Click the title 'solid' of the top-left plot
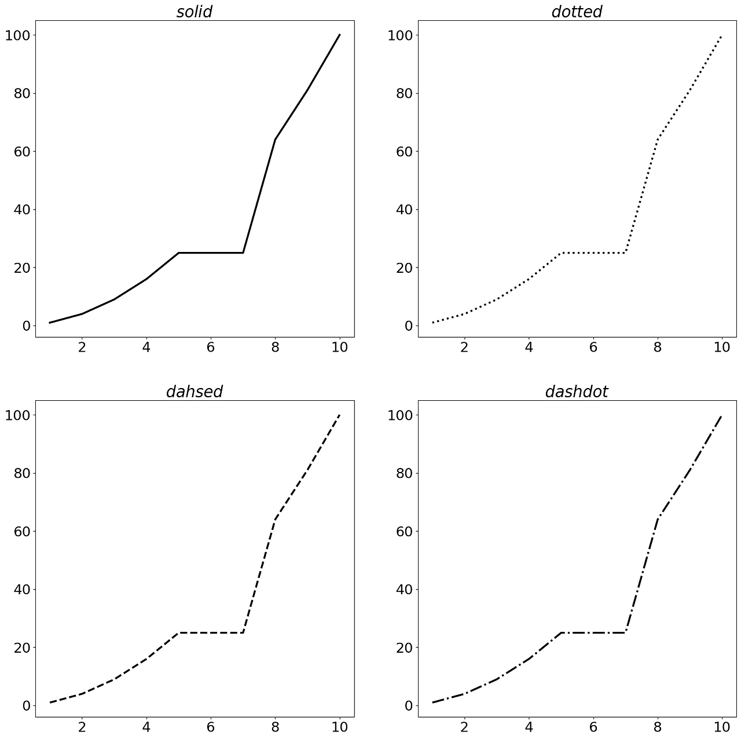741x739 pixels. tap(194, 12)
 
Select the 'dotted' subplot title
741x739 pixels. tap(577, 12)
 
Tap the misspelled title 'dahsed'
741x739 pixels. tap(194, 392)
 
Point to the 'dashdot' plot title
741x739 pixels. tap(577, 392)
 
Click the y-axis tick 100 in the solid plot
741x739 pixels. tap(17, 35)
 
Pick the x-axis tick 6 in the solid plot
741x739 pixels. tap(211, 347)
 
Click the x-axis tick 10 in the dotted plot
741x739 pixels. tap(722, 347)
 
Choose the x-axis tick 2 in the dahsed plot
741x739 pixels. tap(82, 727)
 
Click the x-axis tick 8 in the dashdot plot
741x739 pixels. tap(658, 727)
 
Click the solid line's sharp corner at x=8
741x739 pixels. tap(275, 140)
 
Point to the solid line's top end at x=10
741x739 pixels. tap(339, 35)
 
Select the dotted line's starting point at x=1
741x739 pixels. tap(432, 323)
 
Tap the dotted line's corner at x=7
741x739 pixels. tap(625, 253)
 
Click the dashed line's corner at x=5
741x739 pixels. tap(179, 632)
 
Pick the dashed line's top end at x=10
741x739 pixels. tap(339, 415)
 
